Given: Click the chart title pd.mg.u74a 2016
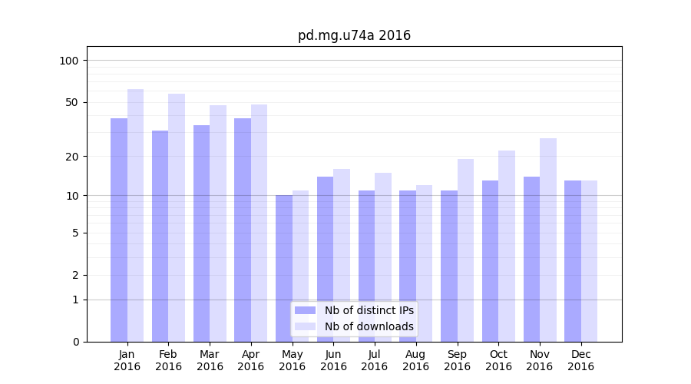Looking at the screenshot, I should point(354,35).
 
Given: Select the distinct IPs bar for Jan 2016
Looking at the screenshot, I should point(119,230).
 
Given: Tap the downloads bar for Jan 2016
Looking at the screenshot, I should point(136,215).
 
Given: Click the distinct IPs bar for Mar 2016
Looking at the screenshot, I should point(201,233).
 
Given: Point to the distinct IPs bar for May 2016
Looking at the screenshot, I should point(284,269).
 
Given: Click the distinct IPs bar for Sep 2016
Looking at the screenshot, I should point(449,266).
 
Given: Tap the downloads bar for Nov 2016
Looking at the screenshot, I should point(548,240).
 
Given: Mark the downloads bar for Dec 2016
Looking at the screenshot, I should point(589,261).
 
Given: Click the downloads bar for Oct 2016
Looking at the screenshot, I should point(507,246).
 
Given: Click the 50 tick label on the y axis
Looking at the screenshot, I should point(72,102).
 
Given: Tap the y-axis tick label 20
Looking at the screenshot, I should point(72,157).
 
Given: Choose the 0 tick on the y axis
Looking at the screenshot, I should point(75,342).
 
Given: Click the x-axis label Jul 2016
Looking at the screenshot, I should point(375,360).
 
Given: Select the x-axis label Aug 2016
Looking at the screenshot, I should point(415,360).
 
